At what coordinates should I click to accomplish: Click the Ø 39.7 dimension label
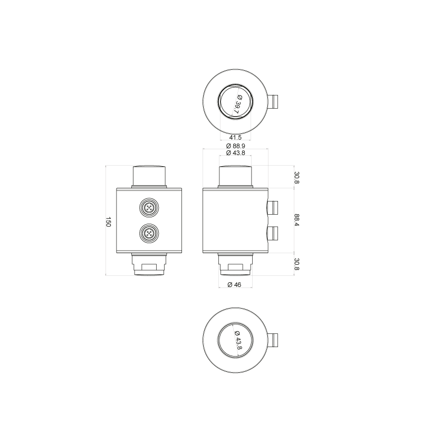click(237, 104)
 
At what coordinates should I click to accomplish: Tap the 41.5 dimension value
click(235, 138)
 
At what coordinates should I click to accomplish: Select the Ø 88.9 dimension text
click(235, 146)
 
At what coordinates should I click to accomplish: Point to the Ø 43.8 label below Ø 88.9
click(235, 153)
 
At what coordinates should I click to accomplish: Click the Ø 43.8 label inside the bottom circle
click(238, 340)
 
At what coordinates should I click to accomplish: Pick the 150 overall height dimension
click(108, 222)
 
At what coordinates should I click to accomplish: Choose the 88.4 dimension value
click(296, 220)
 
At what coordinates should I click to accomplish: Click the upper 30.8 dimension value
click(296, 178)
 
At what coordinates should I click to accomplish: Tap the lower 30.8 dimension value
click(296, 264)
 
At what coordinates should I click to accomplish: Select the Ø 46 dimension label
click(234, 284)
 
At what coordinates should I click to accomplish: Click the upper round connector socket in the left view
click(149, 207)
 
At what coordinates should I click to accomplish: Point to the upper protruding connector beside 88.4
click(273, 207)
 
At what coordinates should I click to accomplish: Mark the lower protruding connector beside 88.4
click(273, 233)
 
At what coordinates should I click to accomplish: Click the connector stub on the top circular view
click(273, 101)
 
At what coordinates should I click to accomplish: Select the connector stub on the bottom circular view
click(273, 340)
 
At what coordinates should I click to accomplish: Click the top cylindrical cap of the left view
click(149, 176)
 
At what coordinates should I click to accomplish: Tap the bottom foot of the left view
click(149, 264)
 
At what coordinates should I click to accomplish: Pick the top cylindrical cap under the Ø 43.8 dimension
click(235, 176)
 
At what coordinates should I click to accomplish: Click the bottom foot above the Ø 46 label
click(235, 264)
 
